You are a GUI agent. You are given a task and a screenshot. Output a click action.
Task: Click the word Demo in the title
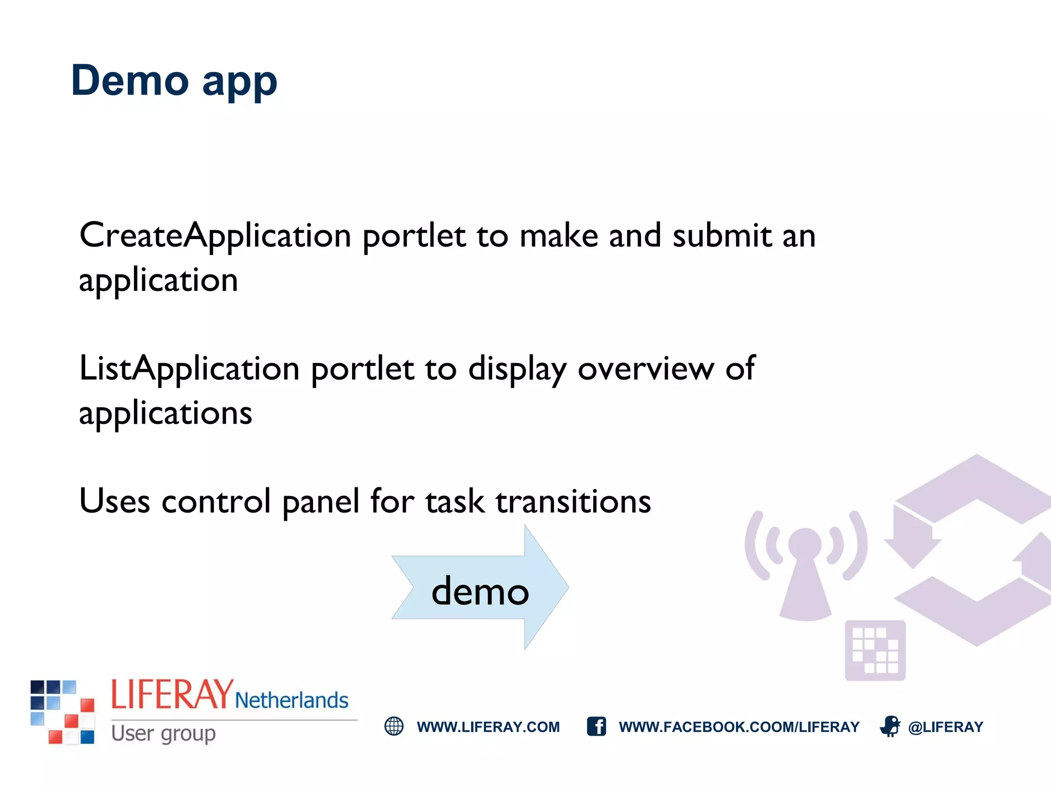pyautogui.click(x=130, y=81)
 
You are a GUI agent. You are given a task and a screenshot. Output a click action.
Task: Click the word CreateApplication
pyautogui.click(x=215, y=236)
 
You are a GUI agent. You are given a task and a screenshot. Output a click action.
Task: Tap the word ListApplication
pyautogui.click(x=189, y=369)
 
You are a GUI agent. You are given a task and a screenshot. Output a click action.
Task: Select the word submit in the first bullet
pyautogui.click(x=722, y=236)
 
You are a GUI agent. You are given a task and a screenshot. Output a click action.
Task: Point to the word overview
pyautogui.click(x=646, y=369)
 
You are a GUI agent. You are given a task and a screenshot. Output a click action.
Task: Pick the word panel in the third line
pyautogui.click(x=321, y=502)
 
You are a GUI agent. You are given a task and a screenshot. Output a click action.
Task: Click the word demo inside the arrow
pyautogui.click(x=480, y=592)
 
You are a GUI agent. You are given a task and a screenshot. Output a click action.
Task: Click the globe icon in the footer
pyautogui.click(x=394, y=726)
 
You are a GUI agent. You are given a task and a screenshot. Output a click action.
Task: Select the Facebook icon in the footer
pyautogui.click(x=596, y=726)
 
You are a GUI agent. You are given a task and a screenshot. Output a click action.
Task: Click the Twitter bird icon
pyautogui.click(x=890, y=726)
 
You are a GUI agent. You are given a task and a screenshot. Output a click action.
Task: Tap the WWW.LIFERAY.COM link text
pyautogui.click(x=488, y=727)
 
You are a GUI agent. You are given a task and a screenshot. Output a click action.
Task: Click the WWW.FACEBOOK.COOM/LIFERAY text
pyautogui.click(x=739, y=727)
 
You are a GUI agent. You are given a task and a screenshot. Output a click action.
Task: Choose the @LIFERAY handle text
pyautogui.click(x=946, y=727)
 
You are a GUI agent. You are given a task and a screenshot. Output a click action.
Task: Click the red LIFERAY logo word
pyautogui.click(x=172, y=695)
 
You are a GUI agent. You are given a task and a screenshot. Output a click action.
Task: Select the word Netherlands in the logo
pyautogui.click(x=291, y=700)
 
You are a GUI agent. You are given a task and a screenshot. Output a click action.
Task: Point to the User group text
pyautogui.click(x=163, y=734)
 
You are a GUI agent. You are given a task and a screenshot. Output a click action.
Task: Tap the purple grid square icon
pyautogui.click(x=875, y=651)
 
